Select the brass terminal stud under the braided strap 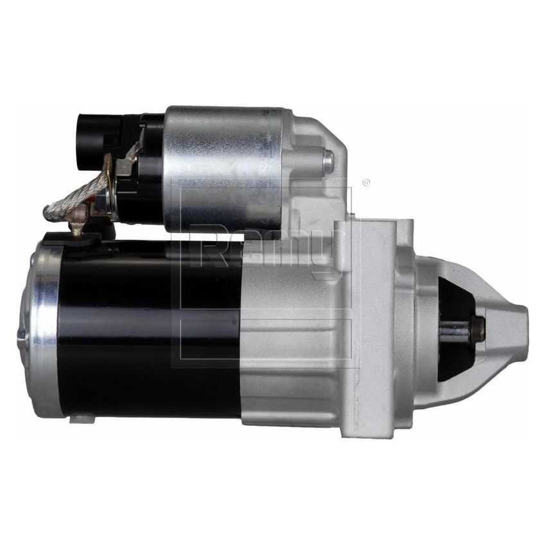point(77,224)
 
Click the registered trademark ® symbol point(366,183)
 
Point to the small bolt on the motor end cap point(21,337)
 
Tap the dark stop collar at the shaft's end point(477,330)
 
